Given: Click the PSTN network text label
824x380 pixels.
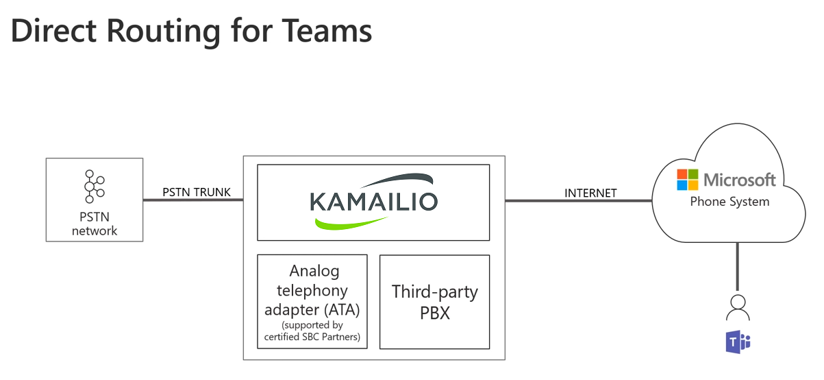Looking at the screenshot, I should click(95, 224).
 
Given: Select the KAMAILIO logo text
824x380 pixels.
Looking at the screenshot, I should click(373, 201).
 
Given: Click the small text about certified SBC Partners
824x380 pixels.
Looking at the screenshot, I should click(312, 331).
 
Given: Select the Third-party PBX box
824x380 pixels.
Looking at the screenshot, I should click(434, 301).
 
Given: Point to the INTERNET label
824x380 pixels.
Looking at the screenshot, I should click(590, 193).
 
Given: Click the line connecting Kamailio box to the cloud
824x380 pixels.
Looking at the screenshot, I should click(579, 201).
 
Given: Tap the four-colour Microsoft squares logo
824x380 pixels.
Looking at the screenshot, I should click(687, 180).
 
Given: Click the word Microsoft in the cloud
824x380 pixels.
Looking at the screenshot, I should click(739, 180).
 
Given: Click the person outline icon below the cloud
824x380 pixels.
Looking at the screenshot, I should click(738, 307).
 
